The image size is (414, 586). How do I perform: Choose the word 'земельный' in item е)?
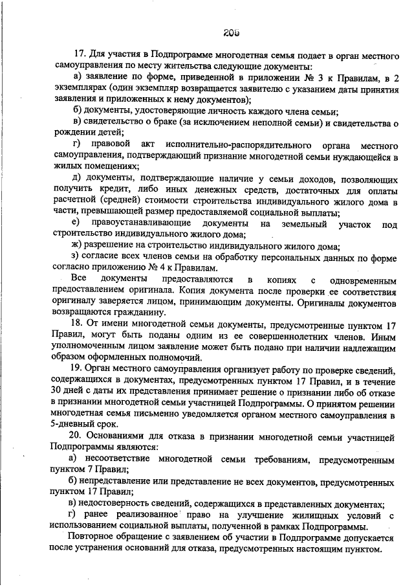tap(300, 223)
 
